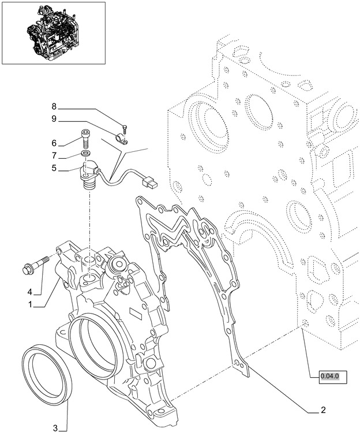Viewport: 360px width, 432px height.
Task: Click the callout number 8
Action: tap(54, 106)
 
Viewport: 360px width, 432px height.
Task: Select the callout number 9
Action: tap(54, 119)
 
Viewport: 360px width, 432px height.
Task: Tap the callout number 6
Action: tap(54, 143)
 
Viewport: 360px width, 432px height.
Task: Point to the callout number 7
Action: tap(54, 156)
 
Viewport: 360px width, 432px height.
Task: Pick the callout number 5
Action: tap(54, 168)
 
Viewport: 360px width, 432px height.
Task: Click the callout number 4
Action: tap(30, 292)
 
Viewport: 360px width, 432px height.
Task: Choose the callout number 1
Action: tap(30, 304)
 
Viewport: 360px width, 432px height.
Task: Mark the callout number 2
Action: tap(323, 409)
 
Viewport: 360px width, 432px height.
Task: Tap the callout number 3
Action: tap(55, 428)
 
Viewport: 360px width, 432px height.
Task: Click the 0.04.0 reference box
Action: tap(333, 378)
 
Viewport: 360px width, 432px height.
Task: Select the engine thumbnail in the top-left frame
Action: tap(52, 32)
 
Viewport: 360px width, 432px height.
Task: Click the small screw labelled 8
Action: tap(125, 129)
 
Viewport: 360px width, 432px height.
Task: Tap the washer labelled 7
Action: tap(85, 153)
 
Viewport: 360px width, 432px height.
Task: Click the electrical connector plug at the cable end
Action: tap(149, 183)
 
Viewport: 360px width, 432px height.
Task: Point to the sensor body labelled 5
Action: tap(88, 174)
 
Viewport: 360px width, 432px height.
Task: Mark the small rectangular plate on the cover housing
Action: tap(136, 312)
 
